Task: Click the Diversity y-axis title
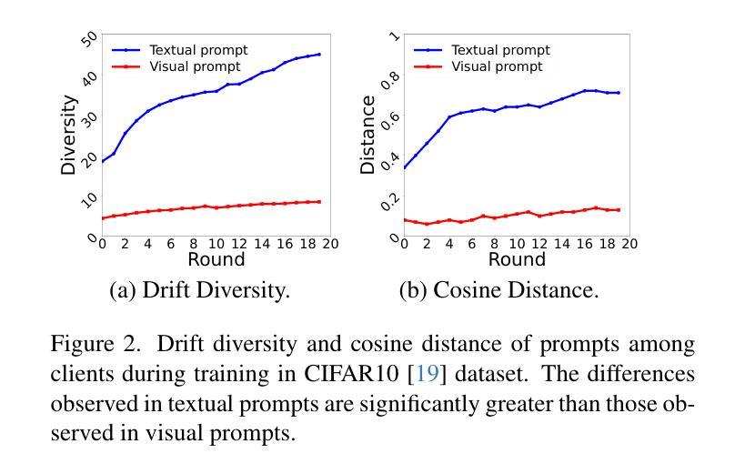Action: pyautogui.click(x=68, y=135)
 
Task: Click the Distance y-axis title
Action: pyautogui.click(x=368, y=135)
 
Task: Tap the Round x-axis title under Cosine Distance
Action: pyautogui.click(x=517, y=260)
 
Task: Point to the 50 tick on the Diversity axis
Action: pyautogui.click(x=89, y=39)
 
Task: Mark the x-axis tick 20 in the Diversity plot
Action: pyautogui.click(x=330, y=244)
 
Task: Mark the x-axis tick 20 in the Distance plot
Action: pyautogui.click(x=630, y=244)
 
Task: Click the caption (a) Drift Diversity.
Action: pyautogui.click(x=199, y=290)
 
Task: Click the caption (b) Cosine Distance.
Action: pyautogui.click(x=498, y=290)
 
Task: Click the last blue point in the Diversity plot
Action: pyautogui.click(x=319, y=55)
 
